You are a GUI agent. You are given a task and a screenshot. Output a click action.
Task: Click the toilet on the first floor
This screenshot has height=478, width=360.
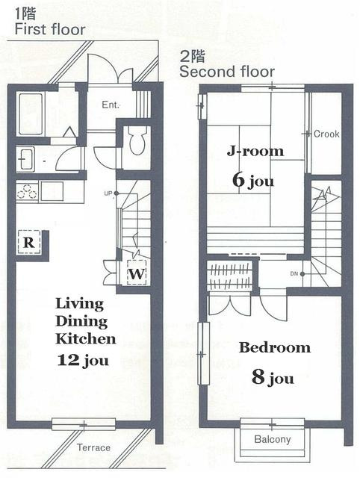136,140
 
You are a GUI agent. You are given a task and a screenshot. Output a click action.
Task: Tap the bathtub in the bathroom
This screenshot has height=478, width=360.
31,114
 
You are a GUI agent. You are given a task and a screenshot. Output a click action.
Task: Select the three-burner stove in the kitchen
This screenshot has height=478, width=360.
27,191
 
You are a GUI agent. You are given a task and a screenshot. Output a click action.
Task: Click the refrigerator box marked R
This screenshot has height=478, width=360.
28,242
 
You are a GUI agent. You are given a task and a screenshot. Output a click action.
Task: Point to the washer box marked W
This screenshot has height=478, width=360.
136,273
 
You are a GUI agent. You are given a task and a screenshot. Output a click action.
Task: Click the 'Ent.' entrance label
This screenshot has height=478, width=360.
111,105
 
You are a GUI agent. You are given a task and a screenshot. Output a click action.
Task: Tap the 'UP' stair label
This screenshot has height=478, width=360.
108,193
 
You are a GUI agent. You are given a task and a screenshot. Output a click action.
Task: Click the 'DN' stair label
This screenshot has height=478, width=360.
294,274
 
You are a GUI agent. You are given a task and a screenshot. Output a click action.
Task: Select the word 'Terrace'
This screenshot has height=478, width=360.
93,447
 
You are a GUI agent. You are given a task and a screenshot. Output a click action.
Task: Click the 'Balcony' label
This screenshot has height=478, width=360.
272,439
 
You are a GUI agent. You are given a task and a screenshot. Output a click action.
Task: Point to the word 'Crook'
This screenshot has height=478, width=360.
326,134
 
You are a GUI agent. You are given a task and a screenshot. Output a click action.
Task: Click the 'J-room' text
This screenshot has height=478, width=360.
255,151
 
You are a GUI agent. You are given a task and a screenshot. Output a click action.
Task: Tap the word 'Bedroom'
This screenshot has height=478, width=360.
275,347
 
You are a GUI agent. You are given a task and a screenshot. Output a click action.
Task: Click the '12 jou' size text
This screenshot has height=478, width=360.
83,360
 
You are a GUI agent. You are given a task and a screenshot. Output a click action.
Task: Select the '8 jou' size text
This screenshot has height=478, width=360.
273,377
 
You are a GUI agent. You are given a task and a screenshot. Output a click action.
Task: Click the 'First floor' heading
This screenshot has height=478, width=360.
50,30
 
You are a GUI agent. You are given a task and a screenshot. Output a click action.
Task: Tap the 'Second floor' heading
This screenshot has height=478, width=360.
227,72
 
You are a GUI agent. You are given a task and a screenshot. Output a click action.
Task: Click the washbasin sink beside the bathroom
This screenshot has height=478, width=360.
25,158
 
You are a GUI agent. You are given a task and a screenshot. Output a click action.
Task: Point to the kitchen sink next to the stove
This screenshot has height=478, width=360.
52,191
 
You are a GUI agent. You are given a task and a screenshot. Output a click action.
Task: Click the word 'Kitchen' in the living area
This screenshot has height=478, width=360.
86,338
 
